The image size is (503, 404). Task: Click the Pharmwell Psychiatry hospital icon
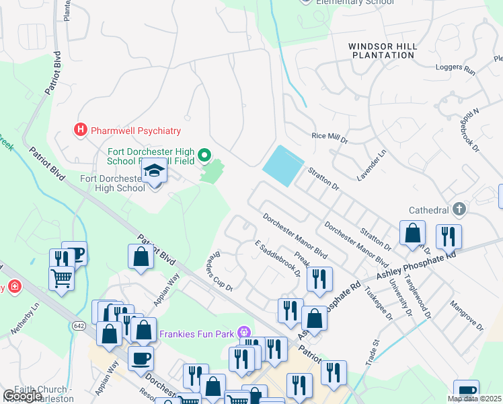tap(81, 130)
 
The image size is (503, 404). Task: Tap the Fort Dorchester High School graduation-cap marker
tap(155, 172)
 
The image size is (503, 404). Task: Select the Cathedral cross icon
tap(459, 209)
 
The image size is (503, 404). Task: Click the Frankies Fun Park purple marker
tap(243, 332)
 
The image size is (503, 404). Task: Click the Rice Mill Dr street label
tap(330, 138)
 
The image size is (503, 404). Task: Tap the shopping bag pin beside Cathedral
tap(412, 234)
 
